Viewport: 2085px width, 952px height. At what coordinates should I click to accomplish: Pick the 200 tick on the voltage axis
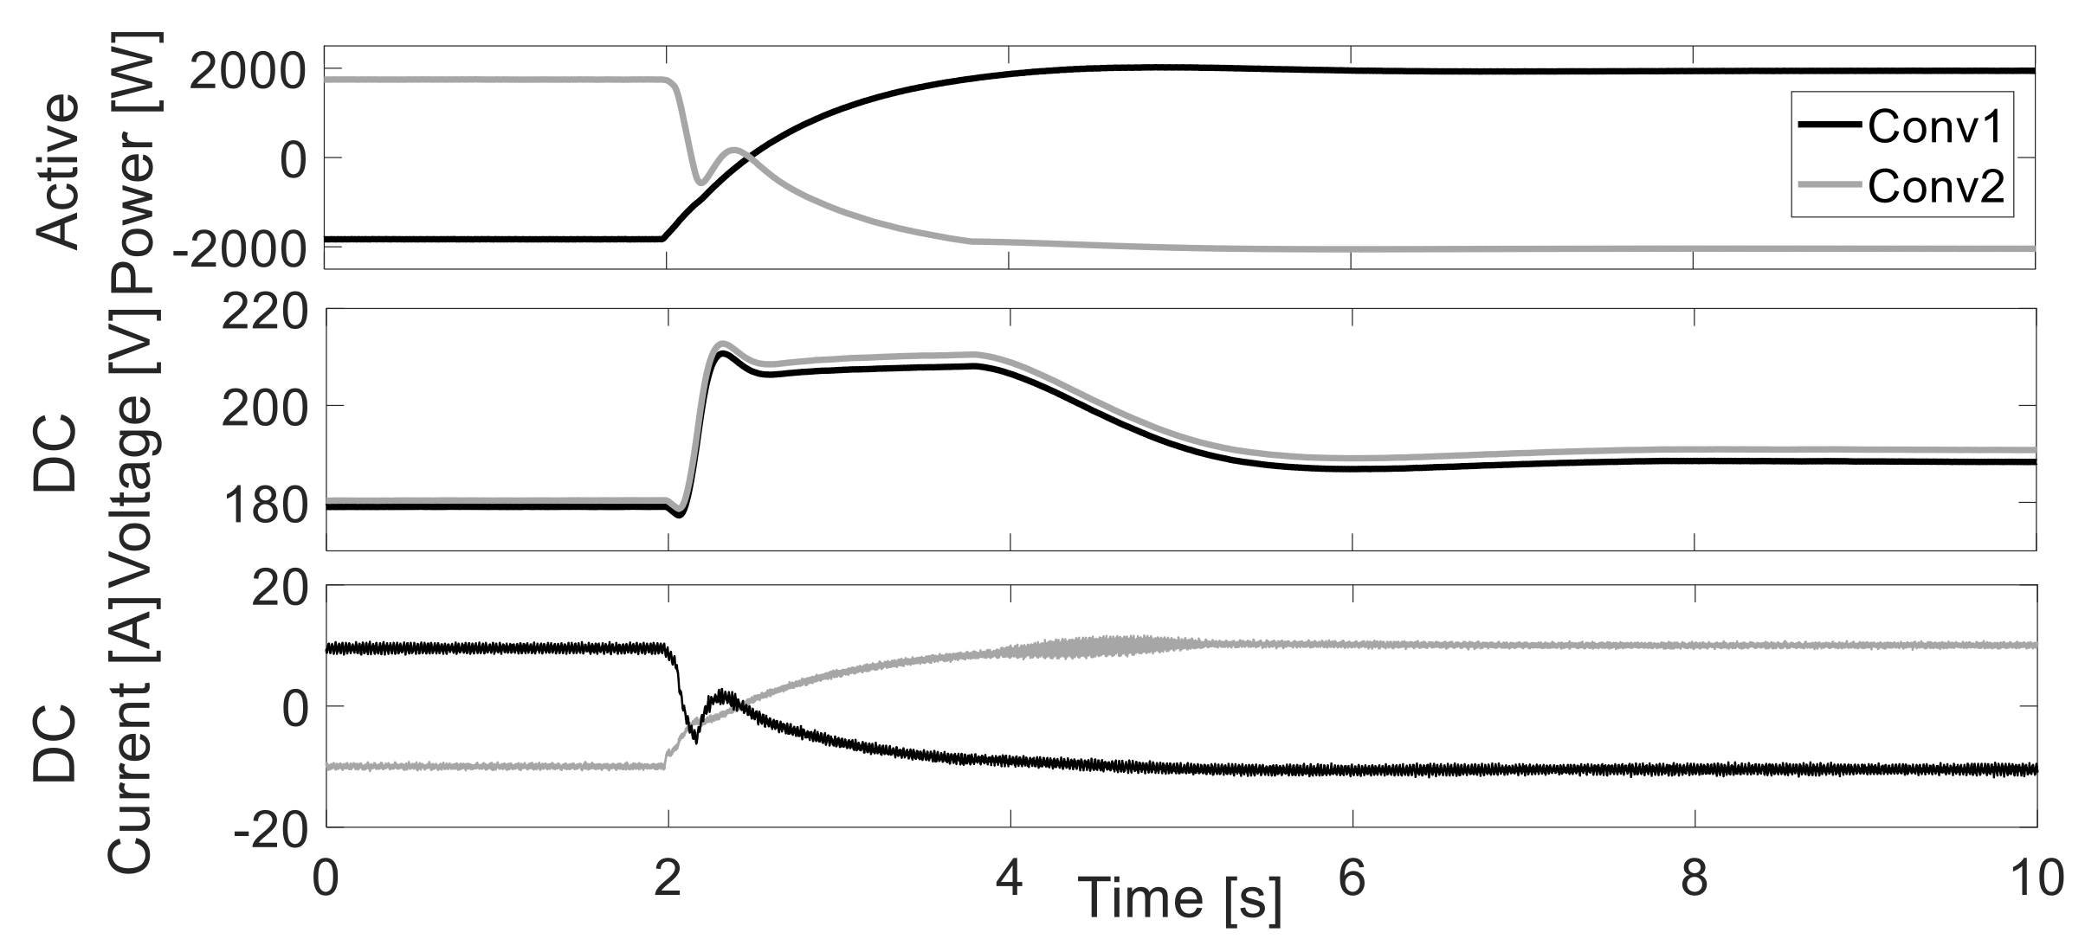(x=265, y=407)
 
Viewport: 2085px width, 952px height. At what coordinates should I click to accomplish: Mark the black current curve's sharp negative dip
(x=694, y=741)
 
